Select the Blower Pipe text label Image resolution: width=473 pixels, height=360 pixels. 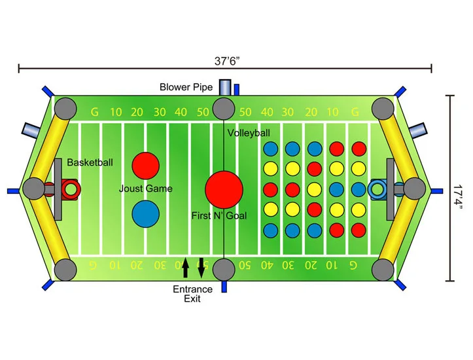(x=186, y=86)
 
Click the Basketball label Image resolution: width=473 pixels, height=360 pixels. (x=90, y=162)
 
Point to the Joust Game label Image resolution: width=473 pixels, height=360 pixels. (x=145, y=189)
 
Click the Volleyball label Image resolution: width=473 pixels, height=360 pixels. (x=249, y=133)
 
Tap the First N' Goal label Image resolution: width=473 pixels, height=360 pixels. (x=219, y=215)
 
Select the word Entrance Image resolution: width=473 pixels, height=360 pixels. (x=192, y=289)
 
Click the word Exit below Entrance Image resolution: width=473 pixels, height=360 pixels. (x=192, y=299)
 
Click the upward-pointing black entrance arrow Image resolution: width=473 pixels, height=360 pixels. (x=186, y=268)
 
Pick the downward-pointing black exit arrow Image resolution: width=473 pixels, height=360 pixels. (x=201, y=268)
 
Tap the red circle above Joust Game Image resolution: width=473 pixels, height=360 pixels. (x=145, y=165)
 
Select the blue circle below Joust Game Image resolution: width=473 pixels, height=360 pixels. (x=145, y=213)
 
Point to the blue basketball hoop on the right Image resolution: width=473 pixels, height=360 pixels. (x=377, y=190)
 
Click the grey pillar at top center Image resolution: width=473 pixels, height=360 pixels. (x=224, y=108)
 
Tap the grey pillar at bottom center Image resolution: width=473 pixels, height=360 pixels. (x=224, y=268)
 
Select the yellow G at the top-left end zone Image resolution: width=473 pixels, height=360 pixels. (x=95, y=113)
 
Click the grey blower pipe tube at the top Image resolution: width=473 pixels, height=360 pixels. (x=226, y=88)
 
